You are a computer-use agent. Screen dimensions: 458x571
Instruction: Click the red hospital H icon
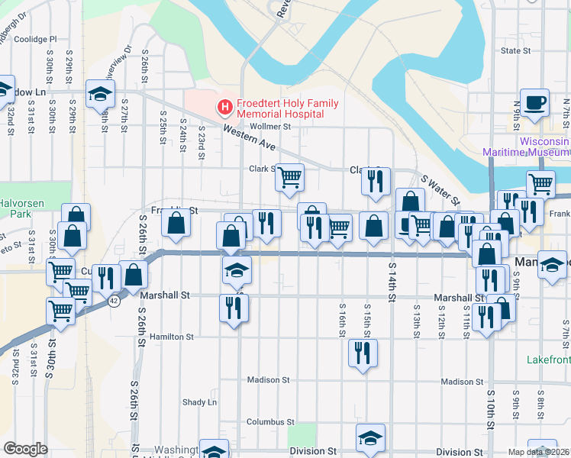coord(225,108)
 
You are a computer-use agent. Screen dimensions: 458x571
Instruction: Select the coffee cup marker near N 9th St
coord(534,102)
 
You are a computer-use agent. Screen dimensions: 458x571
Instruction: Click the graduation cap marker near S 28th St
coord(100,93)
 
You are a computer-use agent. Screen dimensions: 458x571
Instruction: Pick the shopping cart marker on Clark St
coord(289,177)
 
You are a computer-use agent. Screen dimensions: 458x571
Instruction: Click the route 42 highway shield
coord(114,302)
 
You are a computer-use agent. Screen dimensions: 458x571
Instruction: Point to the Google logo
coord(25,449)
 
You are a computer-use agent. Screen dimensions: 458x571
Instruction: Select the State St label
coord(515,51)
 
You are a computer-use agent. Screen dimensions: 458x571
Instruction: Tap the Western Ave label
coord(249,137)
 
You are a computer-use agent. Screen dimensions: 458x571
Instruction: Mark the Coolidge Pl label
coord(35,39)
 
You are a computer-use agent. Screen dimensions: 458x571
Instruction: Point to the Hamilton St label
coord(172,337)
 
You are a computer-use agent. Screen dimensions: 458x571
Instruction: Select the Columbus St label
coord(270,422)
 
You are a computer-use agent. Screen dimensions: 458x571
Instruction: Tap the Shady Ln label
coord(199,402)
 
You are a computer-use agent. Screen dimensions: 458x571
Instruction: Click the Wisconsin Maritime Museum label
coord(527,147)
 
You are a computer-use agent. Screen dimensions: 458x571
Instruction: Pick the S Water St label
coord(440,191)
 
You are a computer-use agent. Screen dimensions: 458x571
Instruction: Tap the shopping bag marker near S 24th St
coord(176,224)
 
